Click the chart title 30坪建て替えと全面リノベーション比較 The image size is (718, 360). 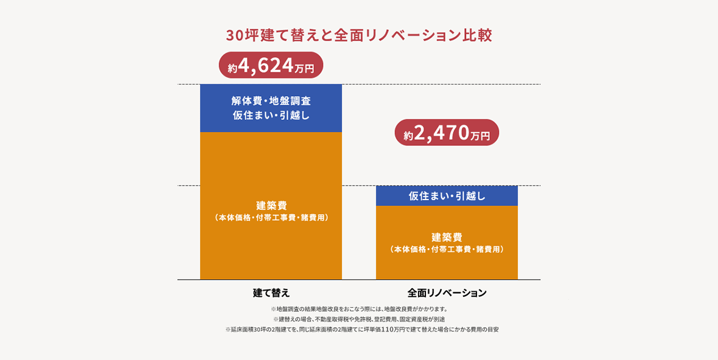coord(359,35)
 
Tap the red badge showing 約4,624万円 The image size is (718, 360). coord(271,66)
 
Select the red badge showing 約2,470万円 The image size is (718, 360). coord(447,133)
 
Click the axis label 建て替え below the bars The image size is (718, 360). coord(271,292)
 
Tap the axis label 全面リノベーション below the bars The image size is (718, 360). coord(447,292)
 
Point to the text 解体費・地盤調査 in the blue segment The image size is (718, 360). coord(271,101)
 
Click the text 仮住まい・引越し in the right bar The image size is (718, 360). coord(447,196)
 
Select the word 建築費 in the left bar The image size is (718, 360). coord(271,206)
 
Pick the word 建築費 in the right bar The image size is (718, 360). coord(447,237)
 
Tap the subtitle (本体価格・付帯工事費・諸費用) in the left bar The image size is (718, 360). coord(271,217)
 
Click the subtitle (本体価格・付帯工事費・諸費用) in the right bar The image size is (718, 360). coord(447,249)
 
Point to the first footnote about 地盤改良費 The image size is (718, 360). coord(359,309)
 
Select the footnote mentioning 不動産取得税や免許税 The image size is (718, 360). coord(359,319)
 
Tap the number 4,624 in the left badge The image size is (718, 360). coord(267,66)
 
